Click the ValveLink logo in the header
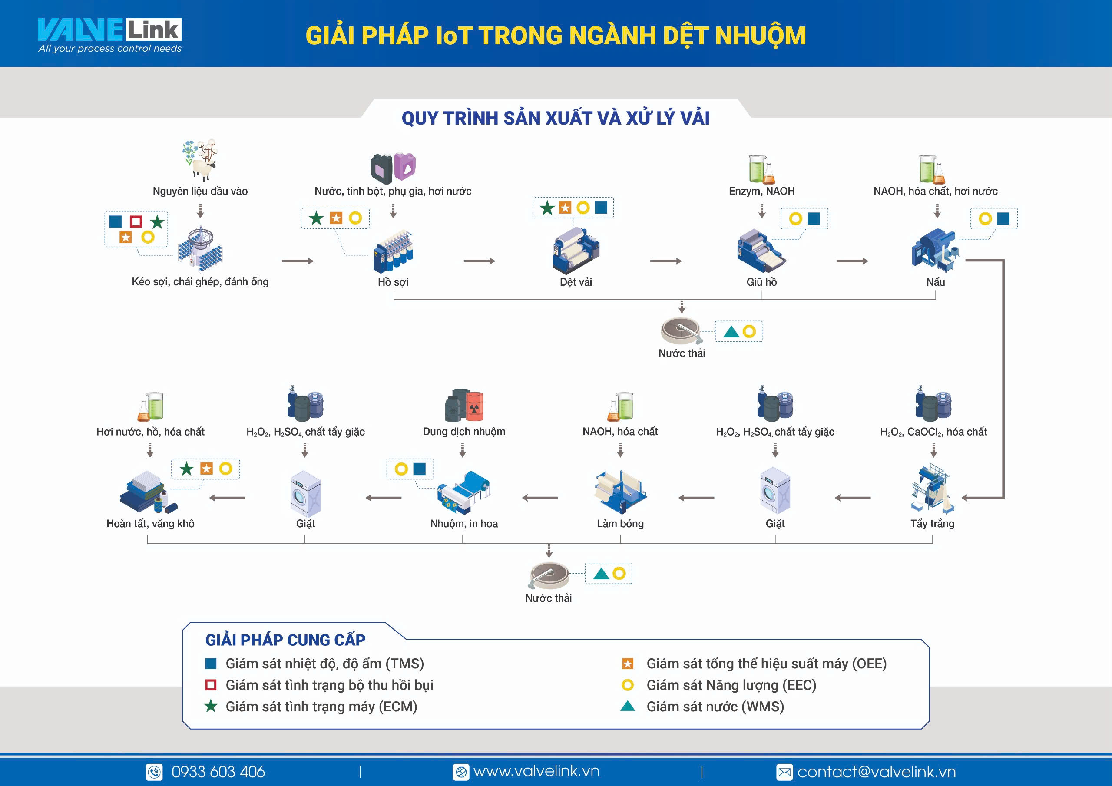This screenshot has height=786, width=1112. [110, 35]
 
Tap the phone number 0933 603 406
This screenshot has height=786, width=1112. [218, 772]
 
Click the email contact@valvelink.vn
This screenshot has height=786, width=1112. [877, 772]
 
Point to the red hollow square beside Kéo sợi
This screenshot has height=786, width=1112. [136, 222]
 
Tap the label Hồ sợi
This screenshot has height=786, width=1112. [393, 282]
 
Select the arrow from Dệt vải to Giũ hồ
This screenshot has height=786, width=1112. [666, 261]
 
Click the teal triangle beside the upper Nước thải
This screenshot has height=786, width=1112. [731, 332]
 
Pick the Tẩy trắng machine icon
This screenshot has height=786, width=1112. [933, 489]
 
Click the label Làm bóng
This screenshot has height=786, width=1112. [620, 524]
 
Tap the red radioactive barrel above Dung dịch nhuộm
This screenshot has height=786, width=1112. [475, 406]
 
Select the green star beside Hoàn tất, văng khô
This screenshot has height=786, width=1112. [186, 468]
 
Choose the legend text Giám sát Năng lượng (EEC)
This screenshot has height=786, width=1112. [731, 685]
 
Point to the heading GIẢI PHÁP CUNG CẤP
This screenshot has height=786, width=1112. [285, 640]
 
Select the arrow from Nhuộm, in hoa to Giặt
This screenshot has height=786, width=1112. [383, 498]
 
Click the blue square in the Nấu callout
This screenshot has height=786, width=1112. [1003, 218]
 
